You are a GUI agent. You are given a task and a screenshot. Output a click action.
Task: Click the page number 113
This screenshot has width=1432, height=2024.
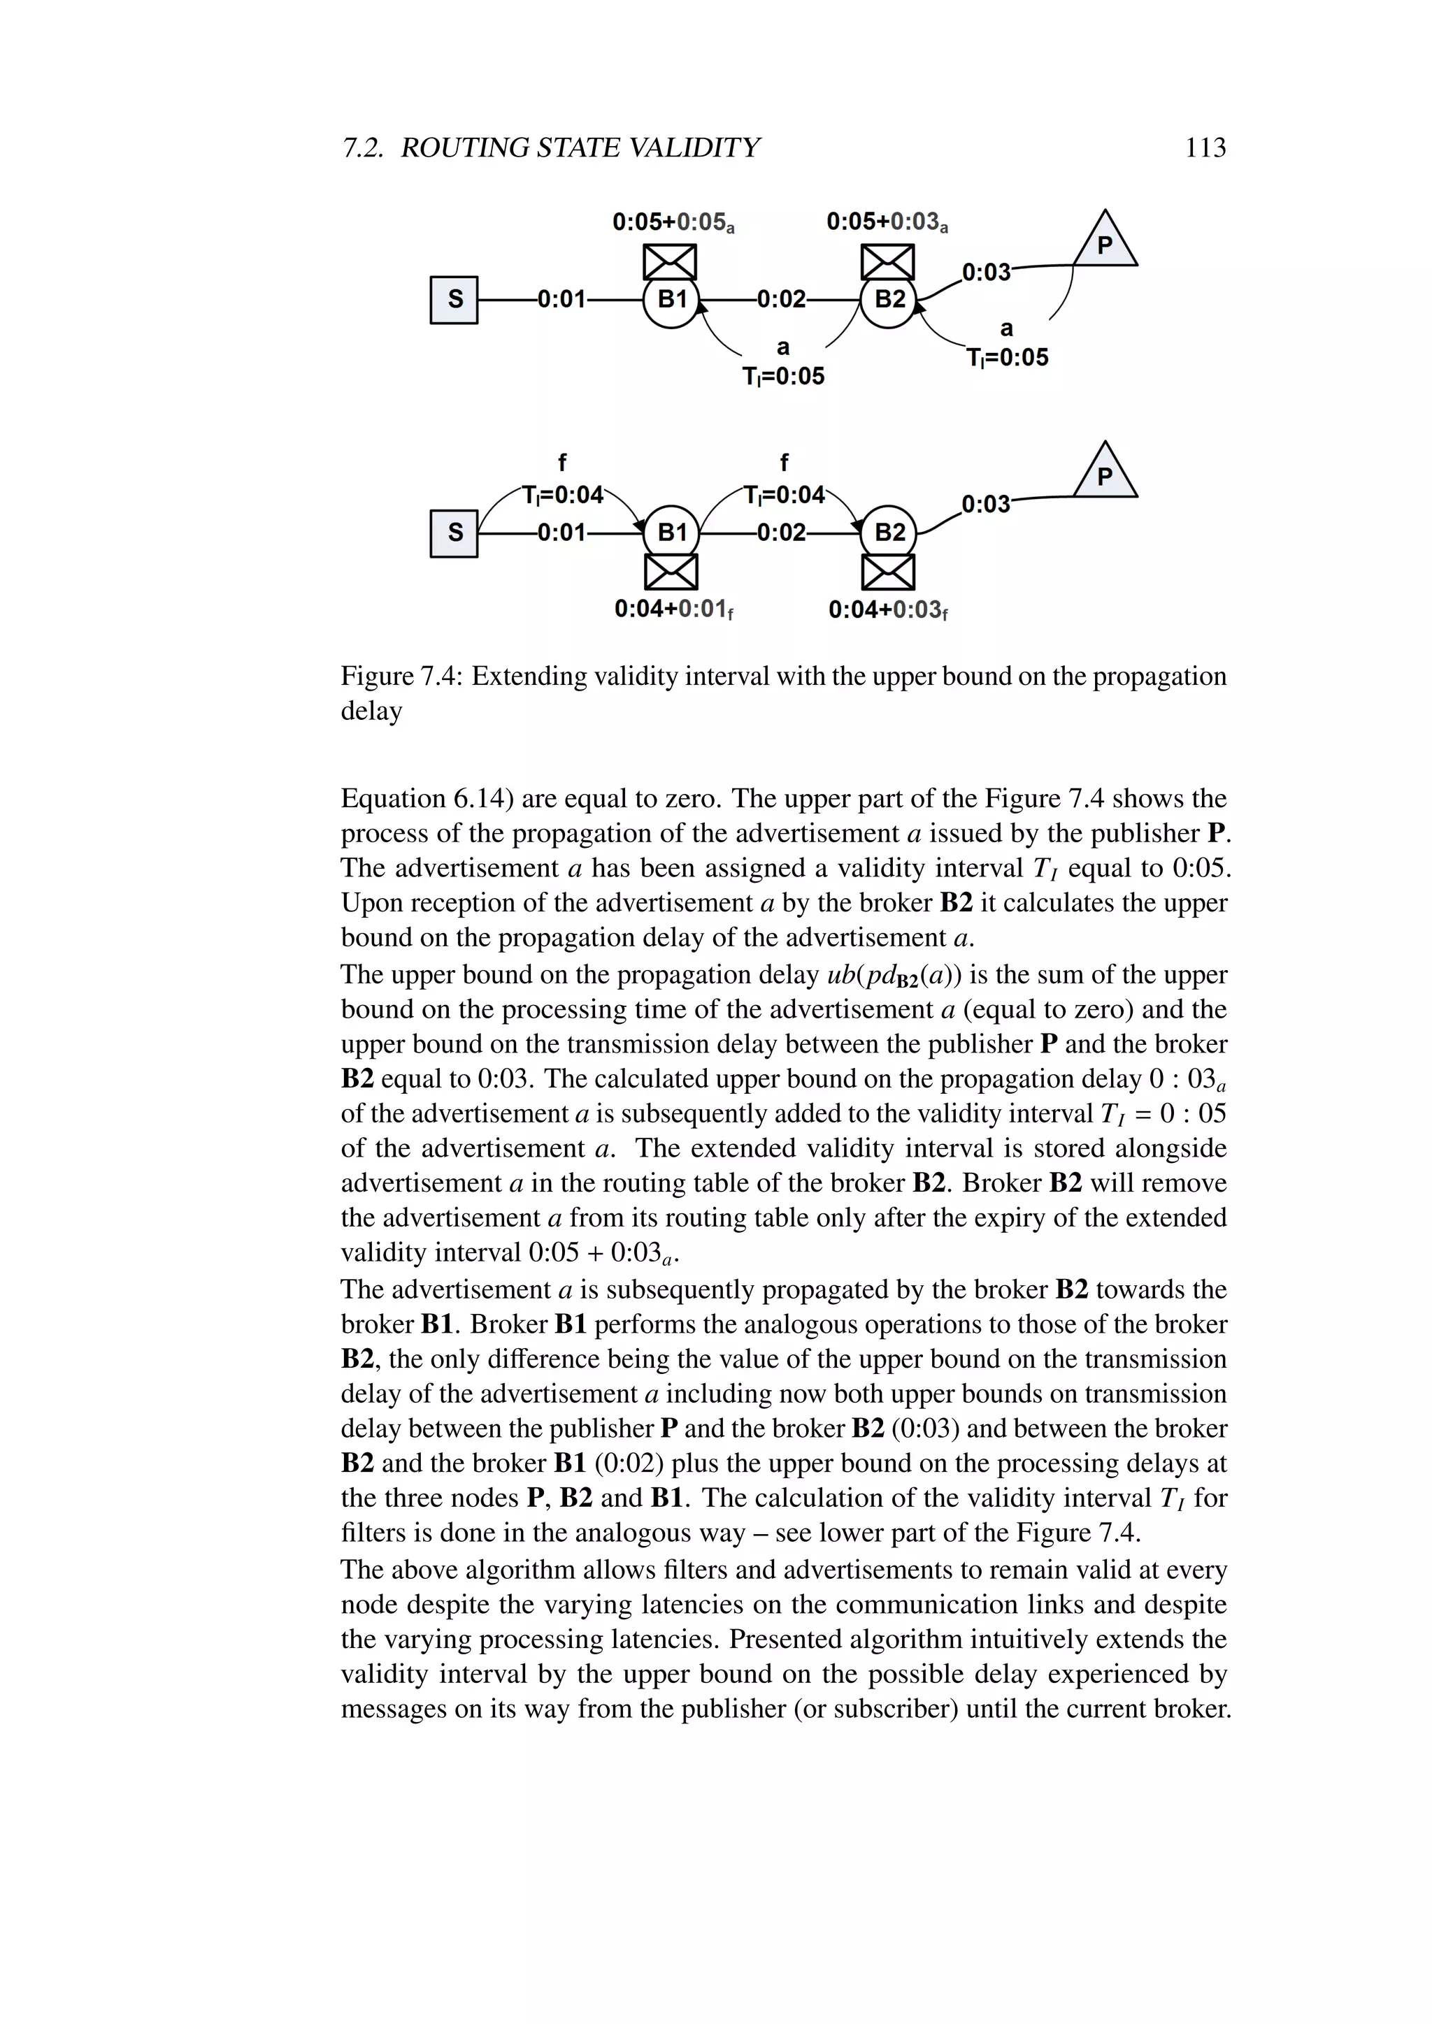(x=1205, y=147)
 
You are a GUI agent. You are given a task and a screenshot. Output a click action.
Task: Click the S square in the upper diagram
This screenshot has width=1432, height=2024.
(x=454, y=300)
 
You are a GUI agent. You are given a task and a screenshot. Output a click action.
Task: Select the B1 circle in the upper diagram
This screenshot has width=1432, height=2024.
(x=671, y=300)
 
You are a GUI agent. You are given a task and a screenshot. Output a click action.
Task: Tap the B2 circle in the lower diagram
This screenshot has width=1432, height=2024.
(x=889, y=533)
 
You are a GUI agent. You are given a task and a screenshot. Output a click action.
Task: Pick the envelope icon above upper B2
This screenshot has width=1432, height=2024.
(x=888, y=262)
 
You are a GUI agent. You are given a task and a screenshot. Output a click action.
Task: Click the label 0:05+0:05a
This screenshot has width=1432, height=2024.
(x=673, y=222)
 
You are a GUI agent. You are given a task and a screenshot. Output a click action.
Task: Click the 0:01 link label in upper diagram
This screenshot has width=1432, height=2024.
(x=561, y=300)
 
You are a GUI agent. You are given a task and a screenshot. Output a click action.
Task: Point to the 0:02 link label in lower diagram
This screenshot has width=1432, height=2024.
(x=781, y=533)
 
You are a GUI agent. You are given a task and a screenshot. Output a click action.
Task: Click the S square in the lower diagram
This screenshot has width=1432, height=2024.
(x=454, y=533)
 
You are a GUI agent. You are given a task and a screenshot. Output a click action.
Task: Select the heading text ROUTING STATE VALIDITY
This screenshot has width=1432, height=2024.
(x=580, y=147)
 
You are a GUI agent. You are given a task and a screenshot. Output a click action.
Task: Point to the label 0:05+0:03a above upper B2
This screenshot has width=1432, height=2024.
(x=887, y=222)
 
